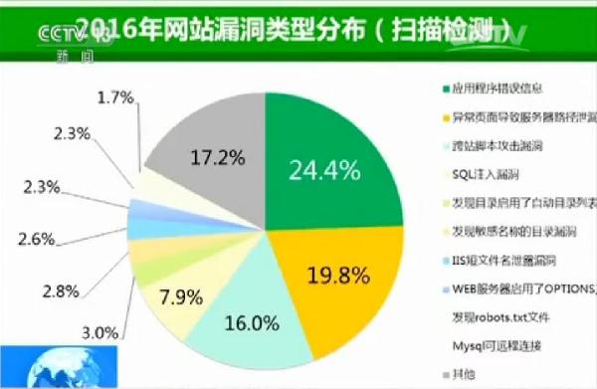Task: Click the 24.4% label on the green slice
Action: tap(322, 170)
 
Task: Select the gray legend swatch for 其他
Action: tap(444, 375)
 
